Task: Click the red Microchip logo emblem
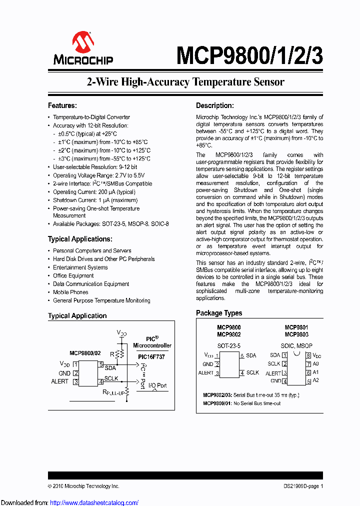(83, 44)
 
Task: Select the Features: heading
(62, 105)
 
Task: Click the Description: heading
(214, 105)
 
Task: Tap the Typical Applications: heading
(80, 239)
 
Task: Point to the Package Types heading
(219, 313)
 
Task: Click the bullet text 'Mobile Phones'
(70, 292)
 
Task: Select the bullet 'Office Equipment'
(73, 275)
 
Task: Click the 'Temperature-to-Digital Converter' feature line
(91, 117)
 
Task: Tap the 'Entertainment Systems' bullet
(80, 267)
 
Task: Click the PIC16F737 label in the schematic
(151, 356)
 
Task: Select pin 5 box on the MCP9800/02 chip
(100, 364)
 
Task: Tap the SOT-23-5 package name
(228, 345)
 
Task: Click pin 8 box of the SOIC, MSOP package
(308, 355)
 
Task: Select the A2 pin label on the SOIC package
(315, 380)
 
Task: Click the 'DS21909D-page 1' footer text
(300, 486)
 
